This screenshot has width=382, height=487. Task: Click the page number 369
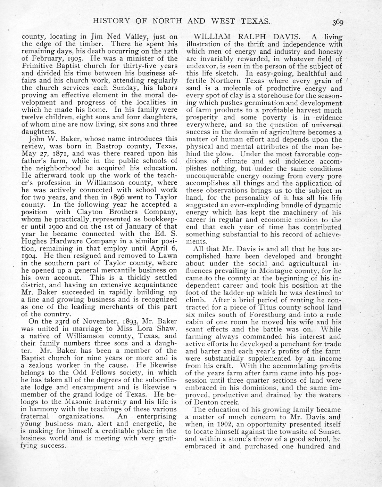pyautogui.click(x=337, y=23)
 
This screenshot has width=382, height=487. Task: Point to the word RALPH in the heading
pyautogui.click(x=251, y=37)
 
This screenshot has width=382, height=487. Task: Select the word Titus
pyautogui.click(x=267, y=307)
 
